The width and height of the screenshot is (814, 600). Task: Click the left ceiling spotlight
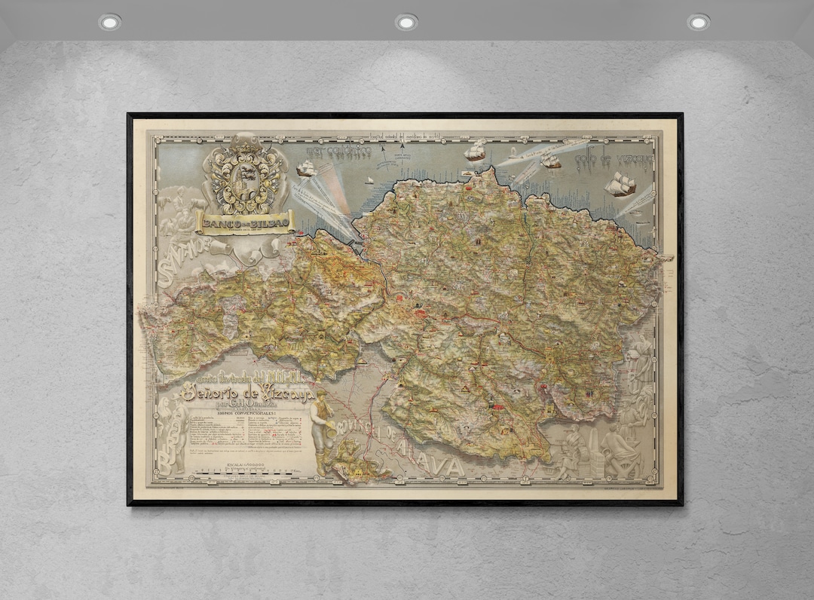pos(109,22)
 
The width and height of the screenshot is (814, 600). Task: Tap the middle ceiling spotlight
pos(406,22)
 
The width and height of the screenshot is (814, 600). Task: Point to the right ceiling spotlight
pos(698,22)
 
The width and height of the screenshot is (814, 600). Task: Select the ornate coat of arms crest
pos(245,175)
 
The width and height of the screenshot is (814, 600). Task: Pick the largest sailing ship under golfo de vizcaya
pos(621,184)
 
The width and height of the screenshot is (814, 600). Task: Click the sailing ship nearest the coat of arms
pos(306,169)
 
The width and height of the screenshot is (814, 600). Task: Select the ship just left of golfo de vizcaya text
pos(550,161)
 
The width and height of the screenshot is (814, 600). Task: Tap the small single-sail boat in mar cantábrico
pos(369,180)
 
